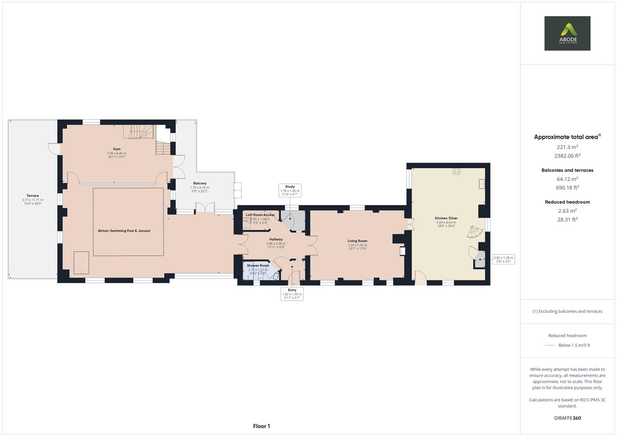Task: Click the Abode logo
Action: click(x=567, y=33)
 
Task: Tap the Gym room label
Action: click(x=116, y=149)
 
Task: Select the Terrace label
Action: click(x=33, y=196)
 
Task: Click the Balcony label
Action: click(x=200, y=183)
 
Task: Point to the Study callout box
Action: click(x=290, y=190)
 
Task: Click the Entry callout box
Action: click(x=292, y=294)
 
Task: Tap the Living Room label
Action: click(x=357, y=241)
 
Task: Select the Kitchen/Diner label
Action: click(x=446, y=218)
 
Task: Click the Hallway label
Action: click(x=276, y=239)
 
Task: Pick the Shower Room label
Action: click(x=258, y=266)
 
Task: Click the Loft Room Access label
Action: click(x=260, y=215)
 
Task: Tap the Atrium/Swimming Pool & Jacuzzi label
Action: click(x=124, y=231)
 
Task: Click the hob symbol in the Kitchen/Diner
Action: click(x=456, y=172)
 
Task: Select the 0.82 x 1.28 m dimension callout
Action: click(x=503, y=259)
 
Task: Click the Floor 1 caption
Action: click(x=261, y=426)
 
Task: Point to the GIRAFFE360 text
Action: click(x=567, y=418)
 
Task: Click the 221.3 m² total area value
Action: click(x=567, y=147)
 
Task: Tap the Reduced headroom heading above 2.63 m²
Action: click(x=567, y=202)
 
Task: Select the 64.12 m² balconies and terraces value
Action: click(x=567, y=179)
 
